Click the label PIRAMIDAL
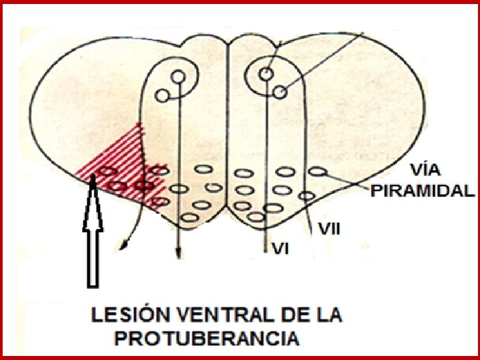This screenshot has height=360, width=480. pos(422,191)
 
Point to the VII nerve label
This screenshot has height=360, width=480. pos(330,229)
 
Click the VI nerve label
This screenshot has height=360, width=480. pos(281,249)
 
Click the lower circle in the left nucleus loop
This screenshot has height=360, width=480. pos(162,95)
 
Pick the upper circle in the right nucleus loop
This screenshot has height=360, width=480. pos(266,74)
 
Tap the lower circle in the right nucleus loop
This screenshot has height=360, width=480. pos(279,92)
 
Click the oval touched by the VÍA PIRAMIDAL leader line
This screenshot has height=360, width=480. pos(319,172)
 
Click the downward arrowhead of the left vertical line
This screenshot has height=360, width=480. pos(178,252)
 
